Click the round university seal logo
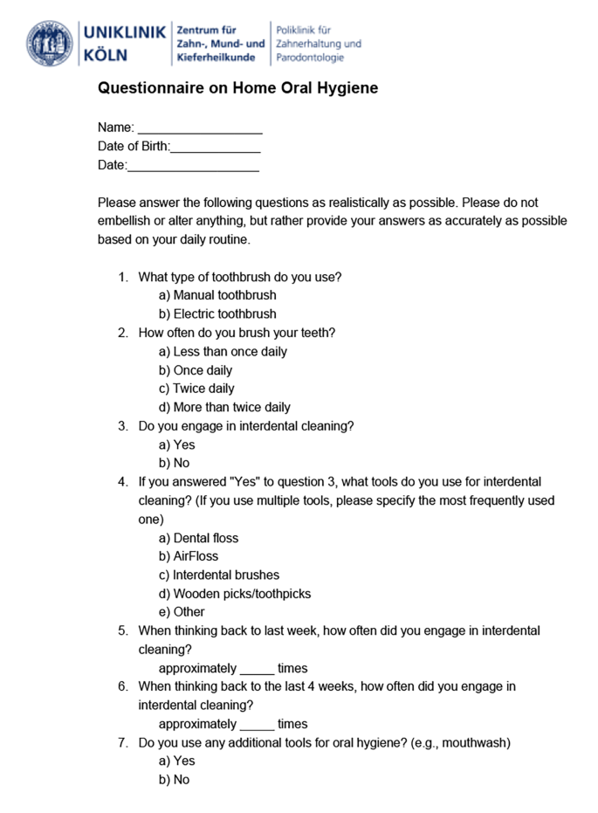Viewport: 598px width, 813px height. pyautogui.click(x=50, y=43)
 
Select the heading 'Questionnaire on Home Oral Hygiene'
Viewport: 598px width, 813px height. pyautogui.click(x=237, y=88)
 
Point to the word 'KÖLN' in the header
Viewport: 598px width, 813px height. pyautogui.click(x=106, y=54)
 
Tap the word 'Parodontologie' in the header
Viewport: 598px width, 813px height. pyautogui.click(x=310, y=58)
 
